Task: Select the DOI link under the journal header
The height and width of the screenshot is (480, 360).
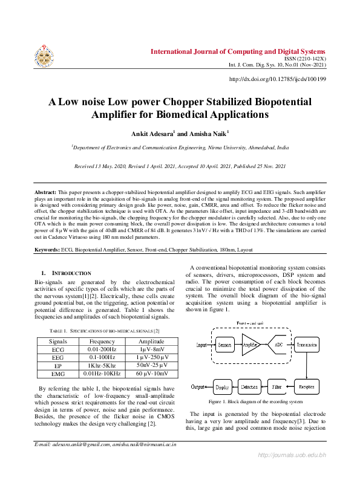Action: point(278,79)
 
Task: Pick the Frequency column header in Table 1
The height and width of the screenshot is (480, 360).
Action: point(102,342)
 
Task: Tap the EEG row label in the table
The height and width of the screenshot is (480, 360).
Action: point(58,358)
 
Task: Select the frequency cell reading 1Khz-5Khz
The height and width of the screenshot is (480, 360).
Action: point(102,366)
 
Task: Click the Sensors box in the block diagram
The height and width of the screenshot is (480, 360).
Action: point(224,345)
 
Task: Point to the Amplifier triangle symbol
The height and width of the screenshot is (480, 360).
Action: point(251,345)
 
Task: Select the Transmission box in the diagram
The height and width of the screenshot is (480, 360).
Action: point(310,345)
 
